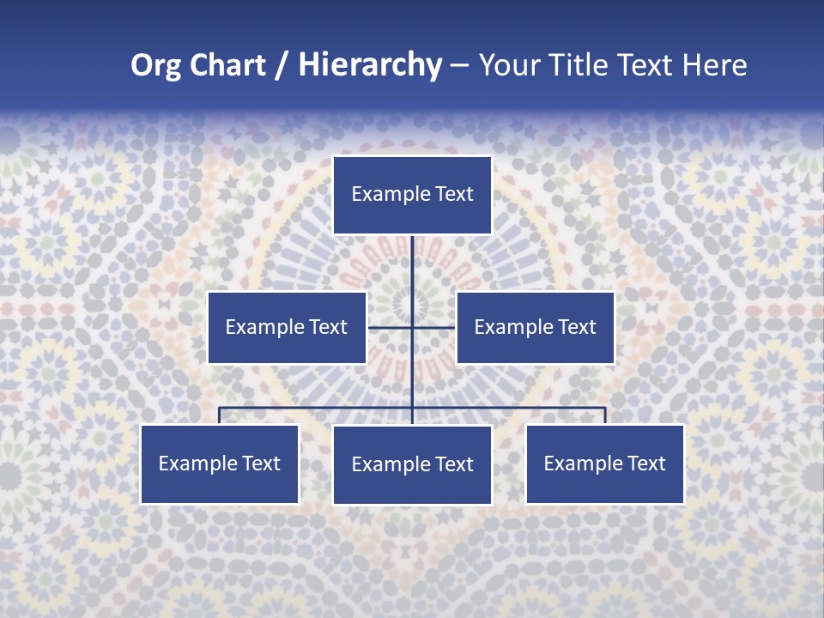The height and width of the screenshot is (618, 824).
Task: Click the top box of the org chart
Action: [x=412, y=195]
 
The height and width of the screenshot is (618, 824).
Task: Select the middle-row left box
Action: [x=287, y=327]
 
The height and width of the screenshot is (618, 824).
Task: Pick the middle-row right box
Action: [x=535, y=327]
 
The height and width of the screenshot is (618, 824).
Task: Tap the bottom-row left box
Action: [x=220, y=463]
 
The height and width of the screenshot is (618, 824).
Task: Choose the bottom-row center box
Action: [x=412, y=464]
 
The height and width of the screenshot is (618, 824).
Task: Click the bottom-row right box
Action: [x=604, y=463]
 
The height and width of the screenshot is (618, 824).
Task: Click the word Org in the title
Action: [x=154, y=65]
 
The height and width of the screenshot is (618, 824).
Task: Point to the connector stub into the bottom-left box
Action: [x=220, y=415]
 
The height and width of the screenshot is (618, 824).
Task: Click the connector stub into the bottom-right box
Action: [x=605, y=415]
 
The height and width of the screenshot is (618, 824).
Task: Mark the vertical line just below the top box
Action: [x=412, y=257]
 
